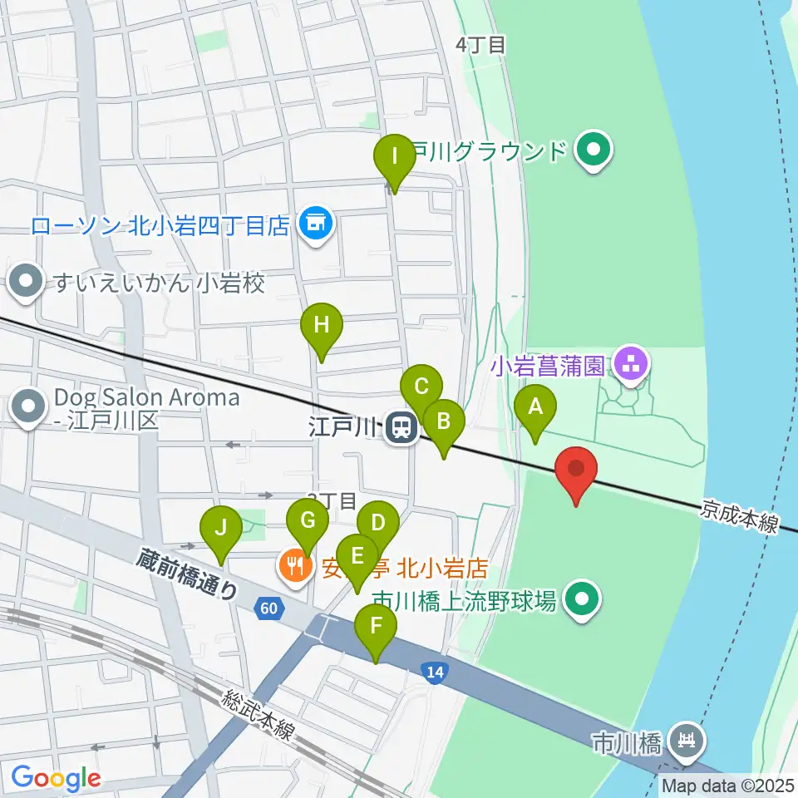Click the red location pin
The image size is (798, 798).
point(576,470)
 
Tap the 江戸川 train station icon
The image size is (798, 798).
point(402,429)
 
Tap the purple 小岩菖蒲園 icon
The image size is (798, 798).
point(632,363)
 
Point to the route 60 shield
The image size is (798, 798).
point(268,608)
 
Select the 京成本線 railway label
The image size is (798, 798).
point(738,515)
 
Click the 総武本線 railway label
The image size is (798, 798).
point(258,714)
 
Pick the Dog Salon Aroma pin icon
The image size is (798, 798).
point(30,408)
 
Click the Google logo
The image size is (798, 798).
point(55,776)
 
